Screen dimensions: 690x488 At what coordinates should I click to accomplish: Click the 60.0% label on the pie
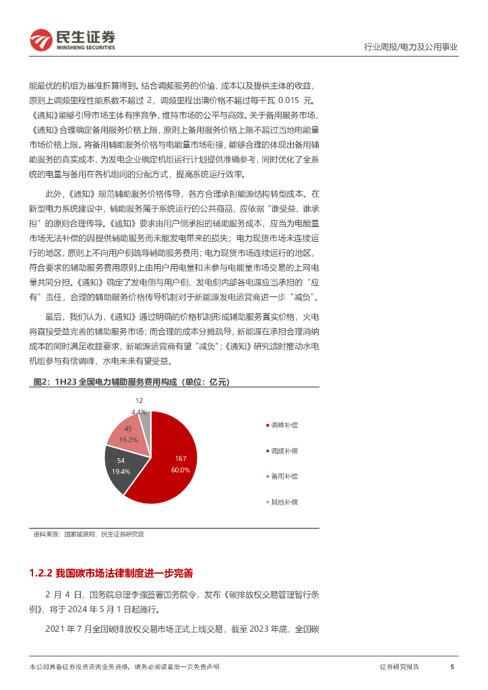[x=180, y=469]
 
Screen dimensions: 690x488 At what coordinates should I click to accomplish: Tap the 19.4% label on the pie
[x=121, y=471]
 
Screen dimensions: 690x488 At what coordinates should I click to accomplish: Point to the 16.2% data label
[x=128, y=439]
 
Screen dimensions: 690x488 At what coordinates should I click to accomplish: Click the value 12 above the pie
[x=139, y=400]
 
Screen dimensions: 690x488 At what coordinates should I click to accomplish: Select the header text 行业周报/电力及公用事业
[x=410, y=47]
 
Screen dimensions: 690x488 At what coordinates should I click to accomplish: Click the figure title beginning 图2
[x=131, y=382]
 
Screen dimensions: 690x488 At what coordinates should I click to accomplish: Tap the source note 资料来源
[x=88, y=534]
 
